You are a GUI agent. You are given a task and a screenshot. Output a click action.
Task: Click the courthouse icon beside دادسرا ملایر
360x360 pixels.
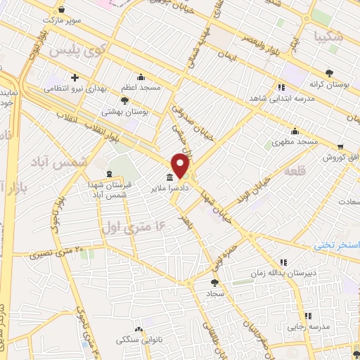coord(171,177)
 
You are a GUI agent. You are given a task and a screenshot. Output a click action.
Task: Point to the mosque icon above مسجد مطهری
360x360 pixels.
coord(295,131)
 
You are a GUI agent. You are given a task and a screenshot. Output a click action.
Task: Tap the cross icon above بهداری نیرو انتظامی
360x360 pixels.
coord(74,77)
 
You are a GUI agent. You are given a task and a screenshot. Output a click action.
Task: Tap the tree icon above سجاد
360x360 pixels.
coord(213,281)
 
